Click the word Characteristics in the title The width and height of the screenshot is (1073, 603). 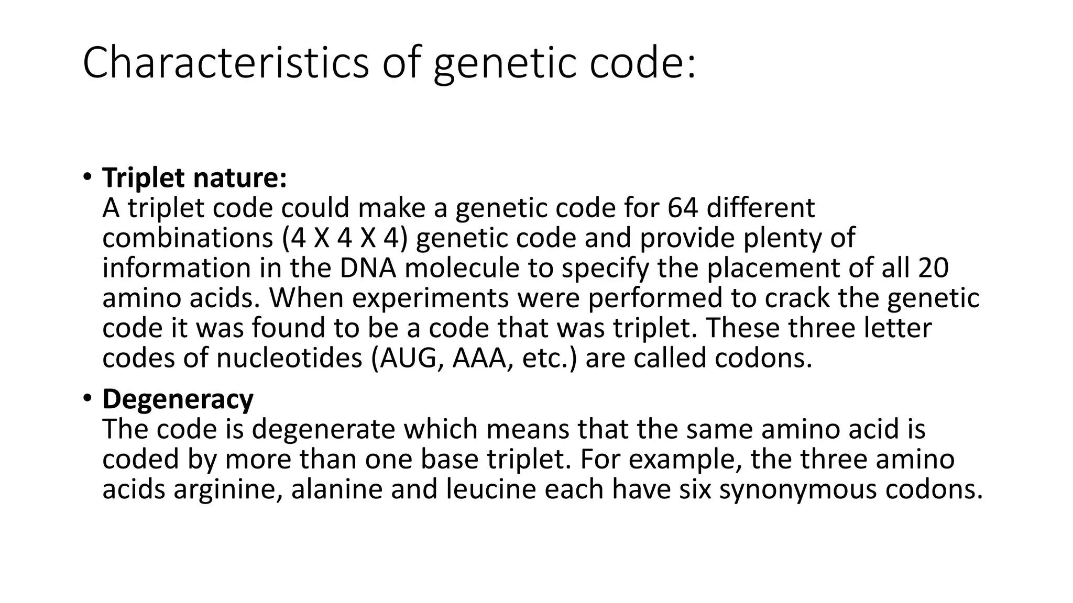click(226, 63)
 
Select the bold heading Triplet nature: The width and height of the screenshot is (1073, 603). click(194, 178)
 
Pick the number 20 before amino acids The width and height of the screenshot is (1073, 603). click(933, 268)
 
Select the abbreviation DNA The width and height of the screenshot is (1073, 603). click(368, 268)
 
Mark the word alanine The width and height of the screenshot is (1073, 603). click(337, 490)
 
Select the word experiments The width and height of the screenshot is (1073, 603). click(430, 298)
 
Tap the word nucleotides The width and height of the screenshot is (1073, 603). click(289, 359)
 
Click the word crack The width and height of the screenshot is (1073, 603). click(797, 298)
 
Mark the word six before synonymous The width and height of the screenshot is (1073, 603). click(695, 490)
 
